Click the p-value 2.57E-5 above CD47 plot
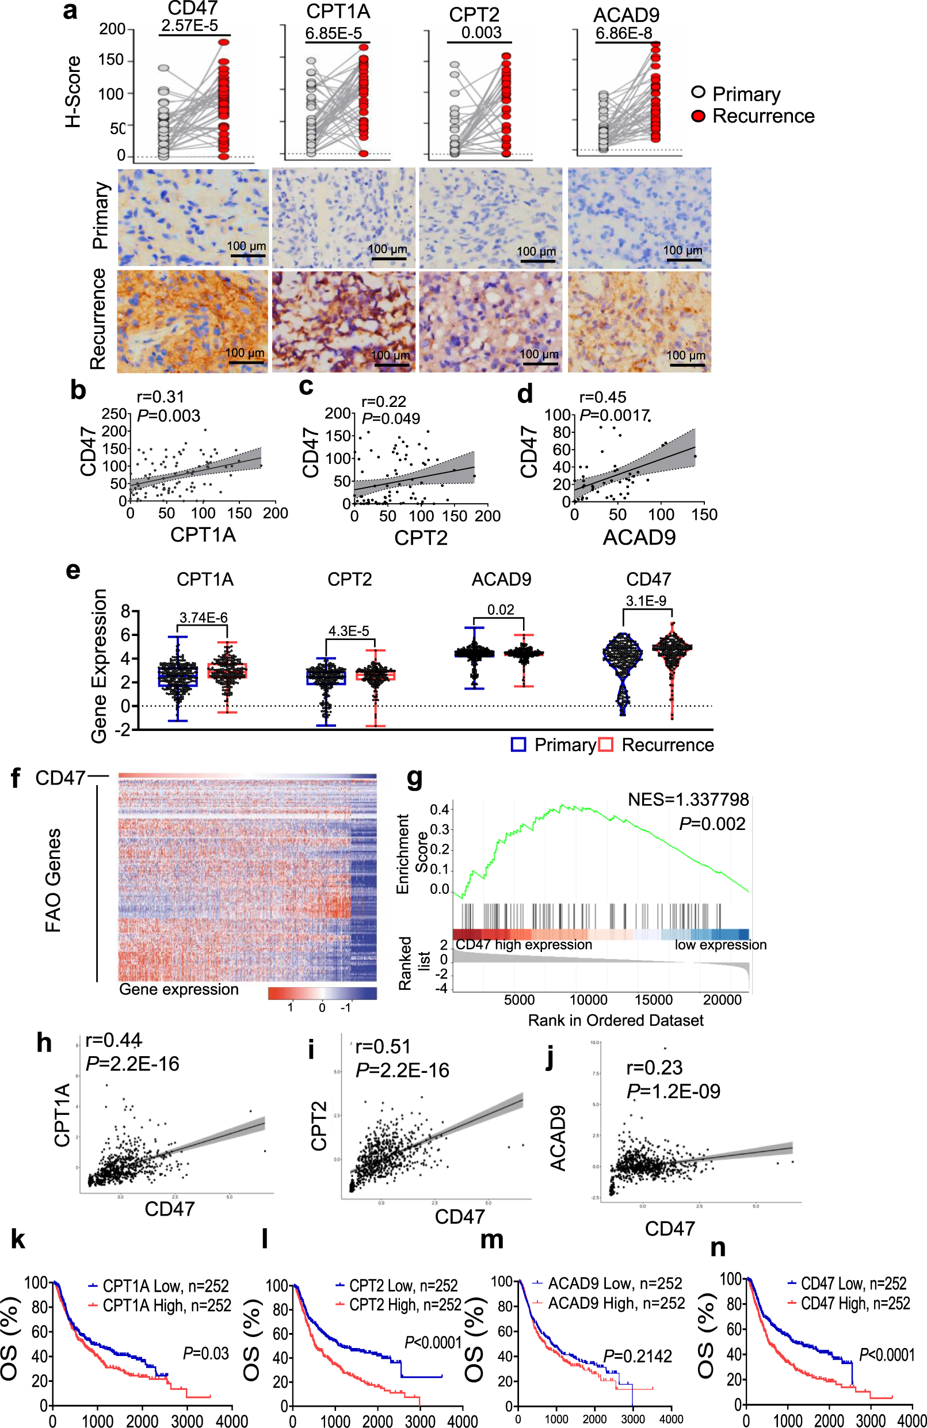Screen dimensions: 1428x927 [189, 26]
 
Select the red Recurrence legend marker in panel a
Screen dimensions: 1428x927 [698, 116]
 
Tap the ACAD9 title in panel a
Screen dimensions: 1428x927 [626, 14]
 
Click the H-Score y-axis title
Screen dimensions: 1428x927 [73, 91]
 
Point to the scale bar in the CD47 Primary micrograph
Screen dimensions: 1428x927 [248, 256]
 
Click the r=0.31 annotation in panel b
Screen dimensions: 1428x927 [160, 397]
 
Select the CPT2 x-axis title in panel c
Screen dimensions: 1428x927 [421, 538]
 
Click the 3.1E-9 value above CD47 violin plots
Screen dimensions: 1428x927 [646, 600]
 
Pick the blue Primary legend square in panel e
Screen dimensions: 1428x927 [518, 745]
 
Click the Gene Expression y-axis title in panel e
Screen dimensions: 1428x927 [99, 665]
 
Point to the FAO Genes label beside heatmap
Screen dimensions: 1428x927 [54, 879]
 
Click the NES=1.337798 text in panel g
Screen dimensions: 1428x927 [688, 799]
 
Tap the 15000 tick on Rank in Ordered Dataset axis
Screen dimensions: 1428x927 [654, 1000]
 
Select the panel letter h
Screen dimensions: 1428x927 [44, 1043]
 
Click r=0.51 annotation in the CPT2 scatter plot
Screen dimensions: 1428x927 [383, 1046]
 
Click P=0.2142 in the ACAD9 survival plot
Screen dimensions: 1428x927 [637, 1356]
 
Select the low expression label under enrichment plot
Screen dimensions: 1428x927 [720, 945]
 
